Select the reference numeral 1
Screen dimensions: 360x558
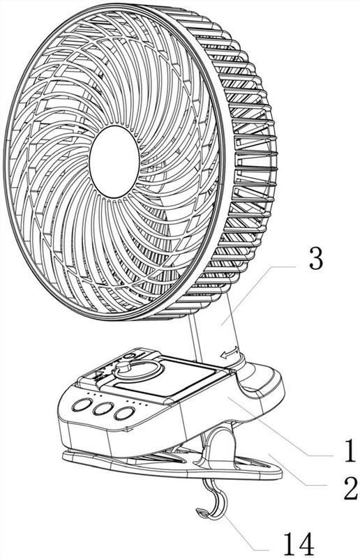350,450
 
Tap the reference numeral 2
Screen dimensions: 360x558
350,488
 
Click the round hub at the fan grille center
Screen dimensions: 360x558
114,161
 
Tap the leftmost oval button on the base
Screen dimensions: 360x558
82,405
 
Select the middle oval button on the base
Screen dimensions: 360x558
103,409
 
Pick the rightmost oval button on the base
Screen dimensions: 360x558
124,413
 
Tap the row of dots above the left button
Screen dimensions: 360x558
95,394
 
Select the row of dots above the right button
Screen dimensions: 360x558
138,402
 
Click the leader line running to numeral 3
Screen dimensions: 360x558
259,294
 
